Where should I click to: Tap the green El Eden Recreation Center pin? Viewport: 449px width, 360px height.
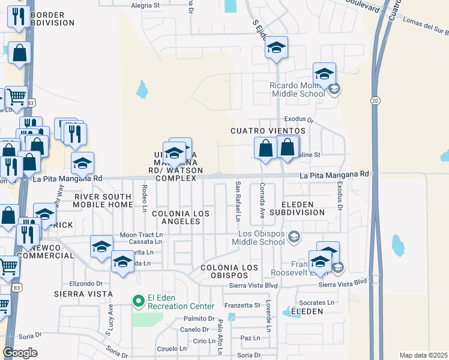tap(137, 299)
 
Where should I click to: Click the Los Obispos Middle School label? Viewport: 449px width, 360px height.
tap(261, 238)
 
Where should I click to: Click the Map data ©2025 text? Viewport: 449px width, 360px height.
tap(423, 355)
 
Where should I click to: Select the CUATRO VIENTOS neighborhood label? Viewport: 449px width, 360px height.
tap(268, 130)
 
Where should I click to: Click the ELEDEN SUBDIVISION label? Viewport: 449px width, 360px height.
tap(297, 208)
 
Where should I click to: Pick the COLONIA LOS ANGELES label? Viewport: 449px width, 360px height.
tap(175, 217)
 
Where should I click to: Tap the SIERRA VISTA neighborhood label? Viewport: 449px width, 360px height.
tap(83, 294)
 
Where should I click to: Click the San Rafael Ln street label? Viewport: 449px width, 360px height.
tap(238, 200)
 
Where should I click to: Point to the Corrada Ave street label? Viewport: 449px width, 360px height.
tap(262, 200)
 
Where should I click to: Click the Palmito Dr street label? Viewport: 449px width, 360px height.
tap(199, 319)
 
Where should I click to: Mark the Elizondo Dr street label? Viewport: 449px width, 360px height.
tap(86, 283)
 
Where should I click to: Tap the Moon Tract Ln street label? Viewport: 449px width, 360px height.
tap(141, 235)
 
